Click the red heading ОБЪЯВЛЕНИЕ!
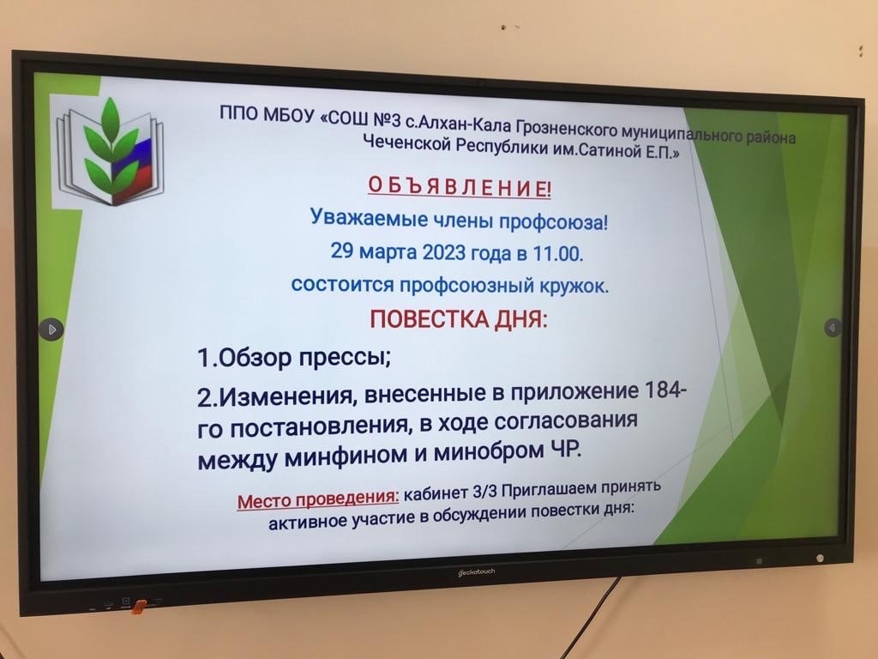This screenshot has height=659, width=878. pos(460,186)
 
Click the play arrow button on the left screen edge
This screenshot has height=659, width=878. pos(51,329)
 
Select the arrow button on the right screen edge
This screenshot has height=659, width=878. pos(833,327)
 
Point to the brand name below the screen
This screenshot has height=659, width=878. pos(477,572)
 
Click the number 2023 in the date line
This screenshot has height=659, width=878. pos(443,251)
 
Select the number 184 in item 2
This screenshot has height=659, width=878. pos(665,389)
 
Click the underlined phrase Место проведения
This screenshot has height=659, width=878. pos(318,499)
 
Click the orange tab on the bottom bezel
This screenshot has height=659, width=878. pos(139,606)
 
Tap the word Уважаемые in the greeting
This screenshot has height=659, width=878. pos(369,217)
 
